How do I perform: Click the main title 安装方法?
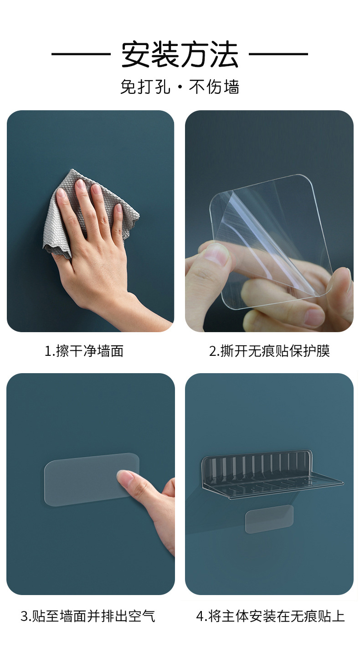(180, 54)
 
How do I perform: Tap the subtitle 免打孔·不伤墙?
(180, 87)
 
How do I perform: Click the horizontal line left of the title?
(81, 54)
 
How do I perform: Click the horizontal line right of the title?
(278, 54)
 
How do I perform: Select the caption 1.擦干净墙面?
(84, 351)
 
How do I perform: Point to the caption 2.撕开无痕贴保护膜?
(269, 351)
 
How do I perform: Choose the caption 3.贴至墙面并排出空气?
(88, 616)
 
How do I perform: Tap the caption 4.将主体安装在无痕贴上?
(270, 616)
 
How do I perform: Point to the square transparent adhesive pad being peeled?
(272, 240)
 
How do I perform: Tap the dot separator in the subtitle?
(180, 87)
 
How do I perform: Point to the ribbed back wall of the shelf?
(256, 466)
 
